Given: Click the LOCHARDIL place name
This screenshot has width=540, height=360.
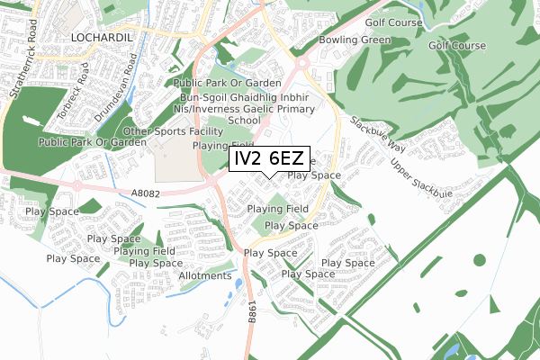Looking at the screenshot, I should (x=101, y=37).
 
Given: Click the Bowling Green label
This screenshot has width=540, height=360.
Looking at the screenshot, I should (x=355, y=40).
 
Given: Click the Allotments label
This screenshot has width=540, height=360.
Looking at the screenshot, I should (x=206, y=275).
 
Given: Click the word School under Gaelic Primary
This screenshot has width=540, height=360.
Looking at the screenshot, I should (x=244, y=120).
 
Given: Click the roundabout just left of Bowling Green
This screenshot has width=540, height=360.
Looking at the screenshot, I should (x=301, y=64).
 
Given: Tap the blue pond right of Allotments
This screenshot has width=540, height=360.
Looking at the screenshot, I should (x=238, y=286).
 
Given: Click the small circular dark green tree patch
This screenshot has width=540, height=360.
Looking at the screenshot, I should (x=370, y=218).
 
